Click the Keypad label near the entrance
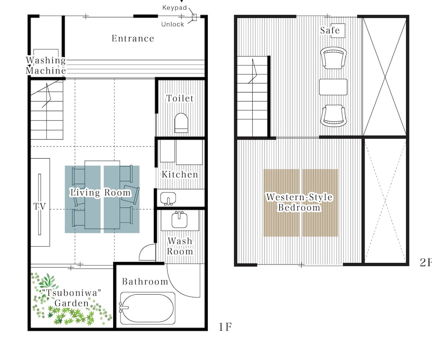(x=175, y=8)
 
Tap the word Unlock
(x=172, y=24)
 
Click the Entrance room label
(x=133, y=38)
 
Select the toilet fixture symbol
(x=181, y=123)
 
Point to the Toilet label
(x=180, y=98)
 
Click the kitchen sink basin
(x=168, y=198)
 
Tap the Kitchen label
(x=180, y=174)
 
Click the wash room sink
(x=179, y=220)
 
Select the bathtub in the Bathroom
(x=147, y=308)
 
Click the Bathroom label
(x=145, y=281)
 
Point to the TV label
(x=39, y=206)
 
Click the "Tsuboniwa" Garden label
(x=71, y=298)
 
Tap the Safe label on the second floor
(x=330, y=30)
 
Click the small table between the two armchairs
(x=333, y=87)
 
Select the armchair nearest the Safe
(x=334, y=58)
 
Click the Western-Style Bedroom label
(x=299, y=202)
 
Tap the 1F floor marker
(x=225, y=327)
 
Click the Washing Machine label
(x=46, y=65)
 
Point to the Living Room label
(x=100, y=192)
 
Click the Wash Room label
(x=180, y=246)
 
